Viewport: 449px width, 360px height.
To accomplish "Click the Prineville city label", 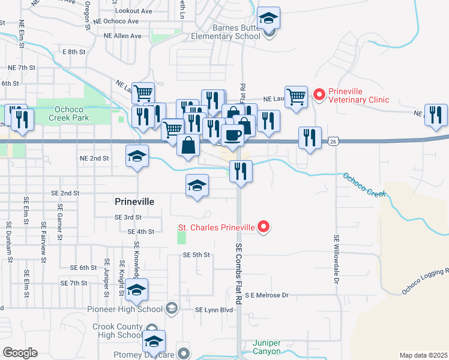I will point(134,202).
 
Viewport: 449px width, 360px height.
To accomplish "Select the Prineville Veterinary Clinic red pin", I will point(319,94).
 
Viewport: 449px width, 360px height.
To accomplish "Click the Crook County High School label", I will point(118,331).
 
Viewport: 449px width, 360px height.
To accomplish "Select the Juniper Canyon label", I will point(267,346).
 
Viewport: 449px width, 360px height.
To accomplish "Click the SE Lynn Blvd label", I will point(214,309).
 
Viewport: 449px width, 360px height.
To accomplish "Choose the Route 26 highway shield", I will point(333,141).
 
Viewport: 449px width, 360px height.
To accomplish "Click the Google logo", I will point(20,353).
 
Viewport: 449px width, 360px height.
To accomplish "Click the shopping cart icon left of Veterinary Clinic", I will point(296,97).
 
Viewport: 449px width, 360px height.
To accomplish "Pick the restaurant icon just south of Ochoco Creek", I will point(240,171).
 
